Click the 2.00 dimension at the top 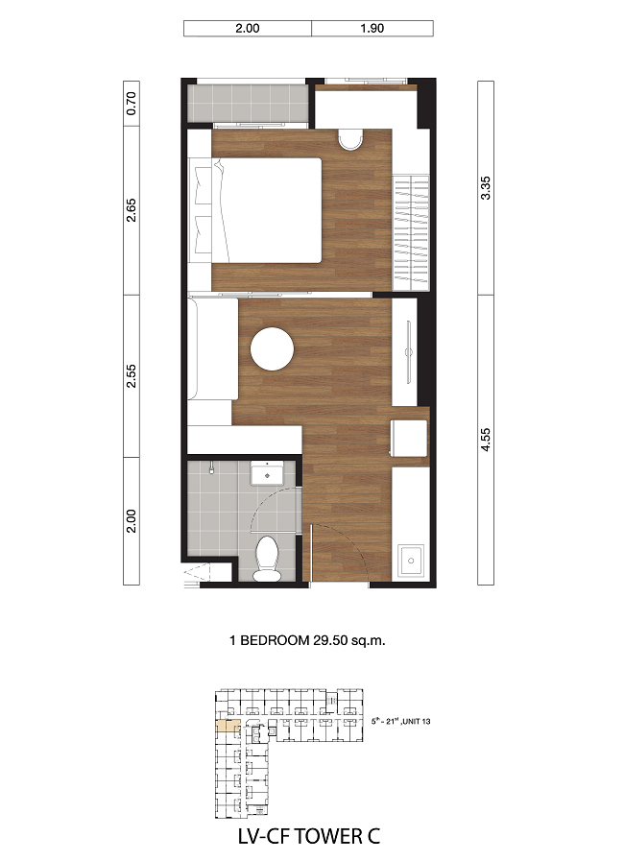tap(247, 29)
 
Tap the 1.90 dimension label tap(372, 29)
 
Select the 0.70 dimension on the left tap(132, 104)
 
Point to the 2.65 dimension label tap(132, 210)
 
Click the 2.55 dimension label tap(132, 376)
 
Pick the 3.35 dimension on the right tap(486, 188)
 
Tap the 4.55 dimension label tap(486, 440)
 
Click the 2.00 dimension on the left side tap(132, 521)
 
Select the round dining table tap(272, 348)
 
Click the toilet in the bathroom tap(267, 559)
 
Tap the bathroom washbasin tap(267, 474)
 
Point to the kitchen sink tap(410, 561)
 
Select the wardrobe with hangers tap(411, 232)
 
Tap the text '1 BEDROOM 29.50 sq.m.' tap(307, 640)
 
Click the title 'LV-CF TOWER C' tap(309, 836)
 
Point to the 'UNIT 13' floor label tap(417, 722)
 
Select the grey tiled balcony tap(248, 104)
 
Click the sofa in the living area tap(212, 348)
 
